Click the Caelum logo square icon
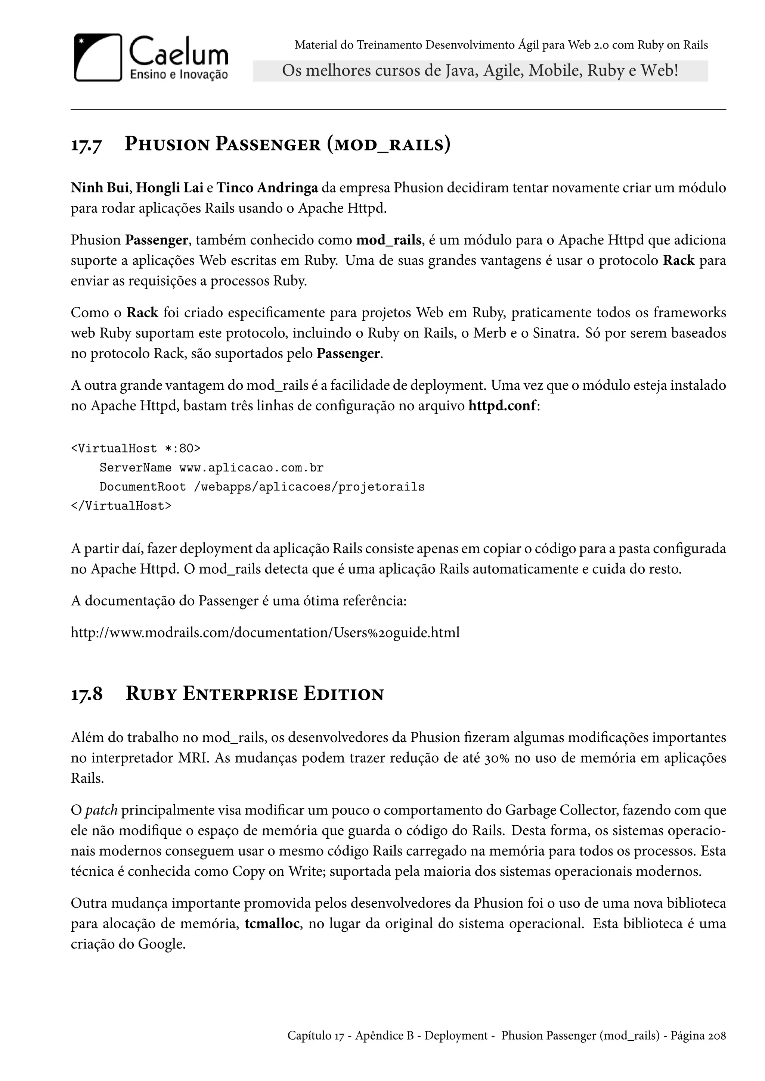98,57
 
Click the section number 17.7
86,144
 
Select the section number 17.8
86,694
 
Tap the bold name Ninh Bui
99,188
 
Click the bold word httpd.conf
502,406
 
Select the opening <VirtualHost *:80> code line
136,448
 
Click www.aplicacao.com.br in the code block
251,467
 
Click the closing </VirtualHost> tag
121,506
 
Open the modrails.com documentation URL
265,632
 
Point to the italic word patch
101,810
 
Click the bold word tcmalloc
272,924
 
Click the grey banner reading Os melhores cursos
480,71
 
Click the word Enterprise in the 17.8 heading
240,694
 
